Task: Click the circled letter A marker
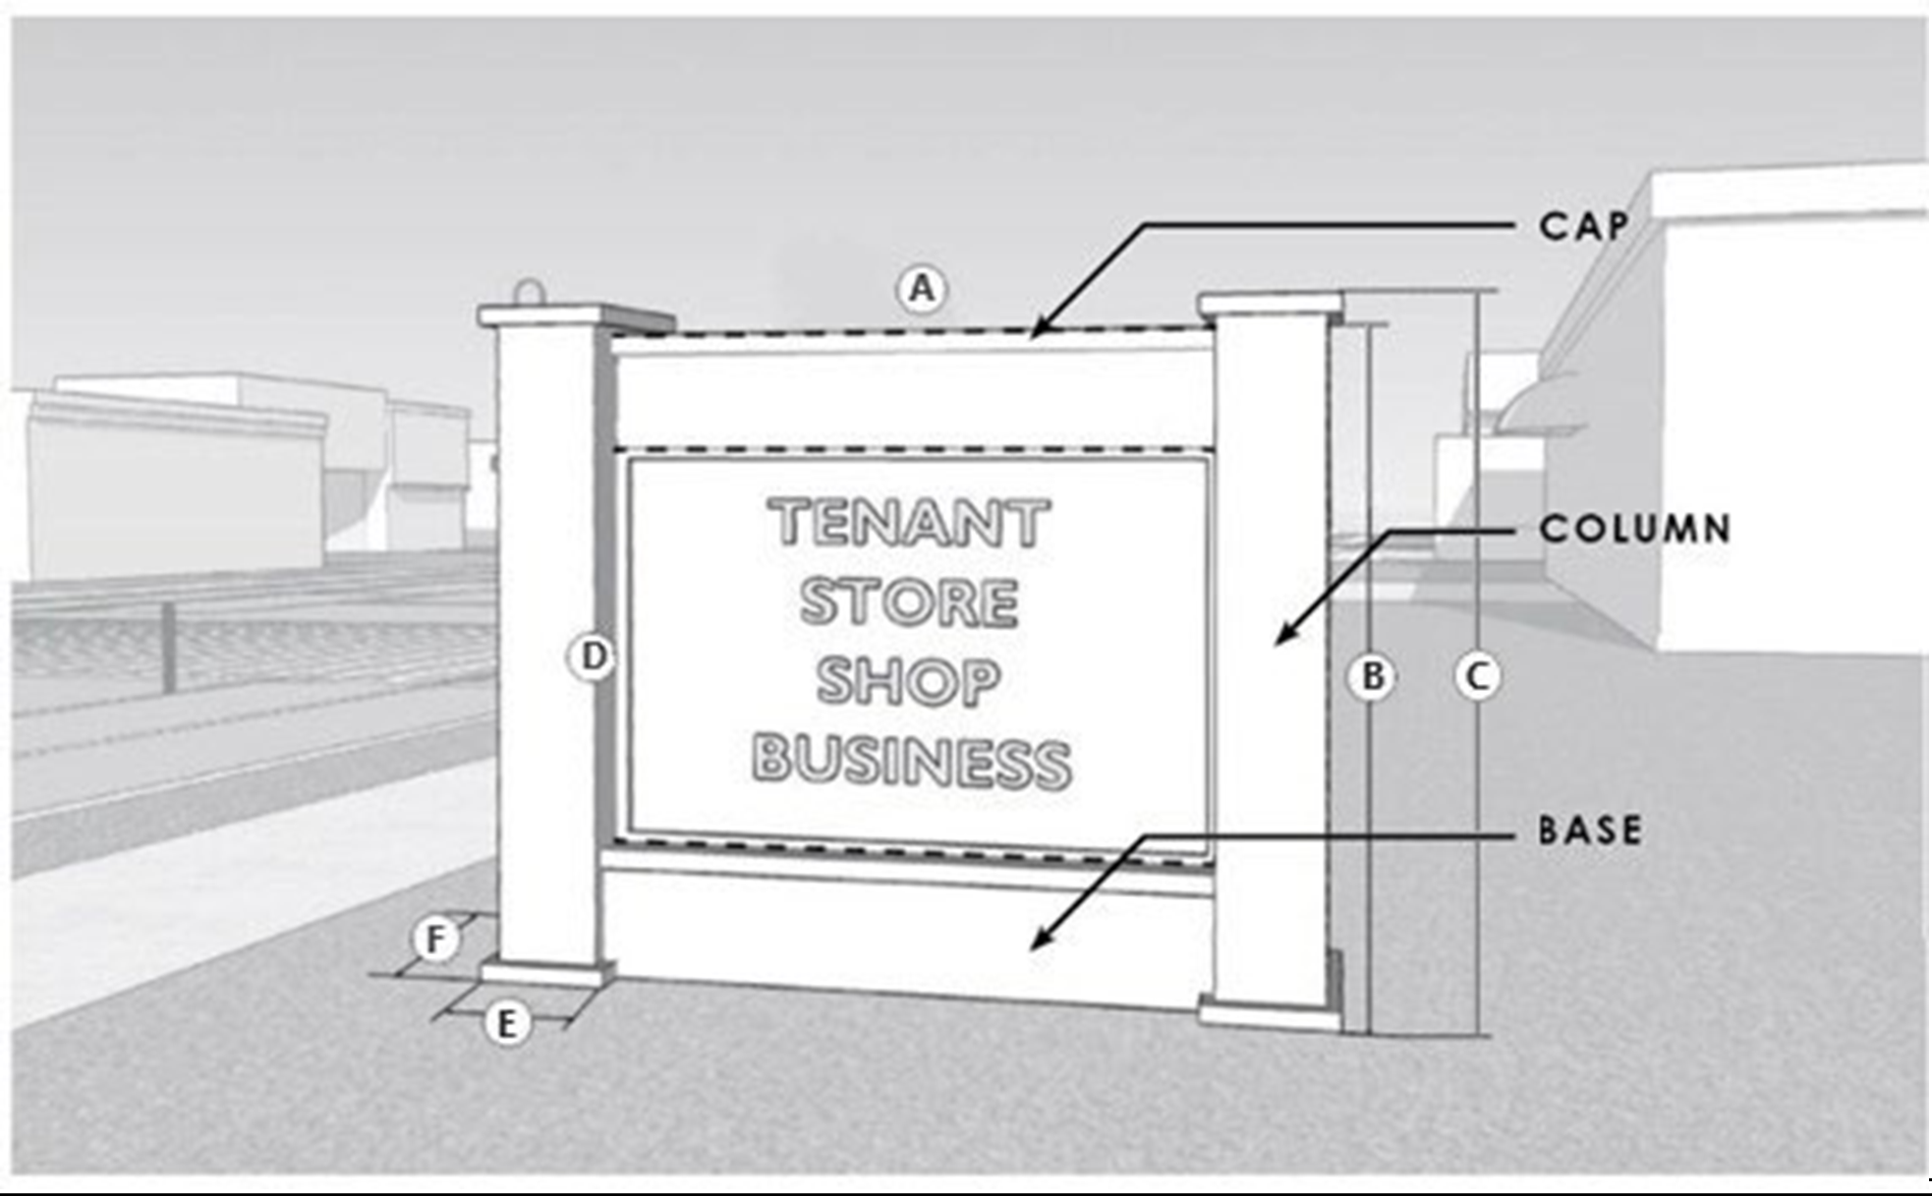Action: coord(921,289)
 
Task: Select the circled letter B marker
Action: coord(1372,676)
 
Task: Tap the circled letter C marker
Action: coord(1477,676)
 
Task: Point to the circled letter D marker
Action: coord(593,656)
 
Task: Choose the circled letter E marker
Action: coord(506,1024)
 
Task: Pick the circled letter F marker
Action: coord(435,940)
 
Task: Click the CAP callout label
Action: coord(1582,227)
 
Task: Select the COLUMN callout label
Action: coord(1634,530)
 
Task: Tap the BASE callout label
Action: coord(1589,831)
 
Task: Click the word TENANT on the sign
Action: coord(910,523)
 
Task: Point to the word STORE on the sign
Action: coord(909,601)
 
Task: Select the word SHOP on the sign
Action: coord(909,680)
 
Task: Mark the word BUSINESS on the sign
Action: coord(911,762)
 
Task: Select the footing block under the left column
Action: coord(543,974)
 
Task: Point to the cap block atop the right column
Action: coord(1271,304)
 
